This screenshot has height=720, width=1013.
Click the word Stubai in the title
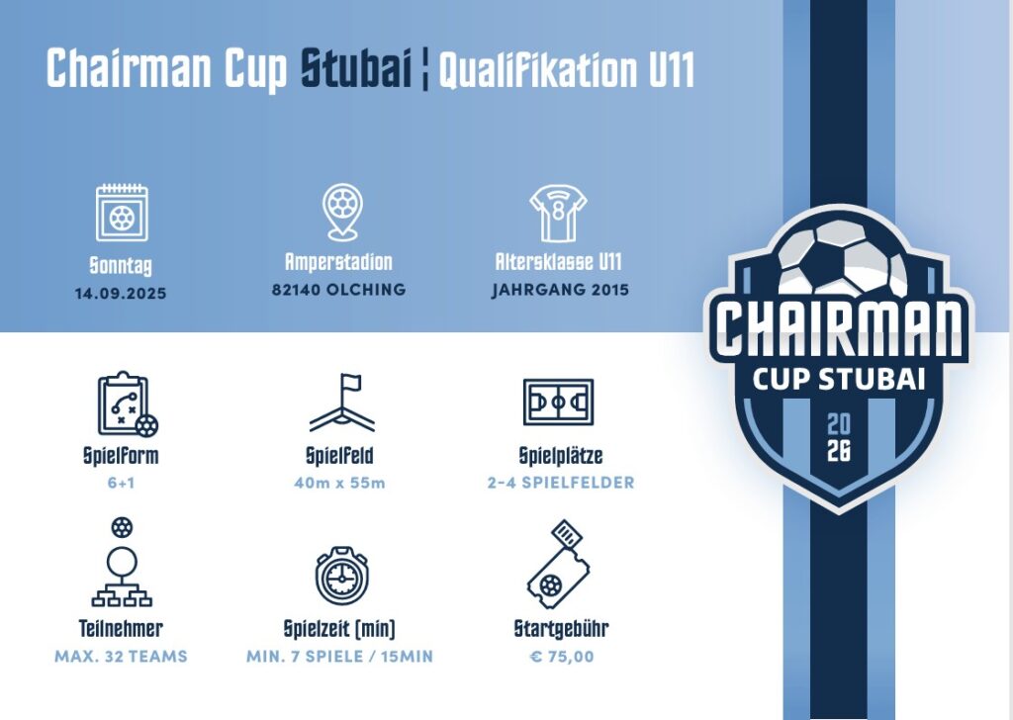pyautogui.click(x=356, y=67)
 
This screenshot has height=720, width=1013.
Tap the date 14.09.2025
pyautogui.click(x=121, y=293)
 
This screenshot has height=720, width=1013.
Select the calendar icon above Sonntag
pyautogui.click(x=122, y=213)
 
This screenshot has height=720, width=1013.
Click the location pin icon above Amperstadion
pyautogui.click(x=341, y=212)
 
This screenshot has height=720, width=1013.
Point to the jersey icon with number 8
pyautogui.click(x=558, y=213)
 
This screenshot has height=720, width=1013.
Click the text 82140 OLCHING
pyautogui.click(x=339, y=290)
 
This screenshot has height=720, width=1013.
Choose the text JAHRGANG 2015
pyautogui.click(x=560, y=290)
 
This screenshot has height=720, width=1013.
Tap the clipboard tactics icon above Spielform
pyautogui.click(x=128, y=405)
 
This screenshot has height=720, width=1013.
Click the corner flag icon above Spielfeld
pyautogui.click(x=341, y=403)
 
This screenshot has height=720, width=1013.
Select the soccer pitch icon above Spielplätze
pyautogui.click(x=558, y=403)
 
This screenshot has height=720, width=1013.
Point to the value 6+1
pyautogui.click(x=122, y=483)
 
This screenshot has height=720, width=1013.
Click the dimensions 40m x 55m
pyautogui.click(x=340, y=483)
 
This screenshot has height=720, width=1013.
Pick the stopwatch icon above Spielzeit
pyautogui.click(x=341, y=576)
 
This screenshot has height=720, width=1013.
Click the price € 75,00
pyautogui.click(x=562, y=657)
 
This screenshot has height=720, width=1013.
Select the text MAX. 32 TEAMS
pyautogui.click(x=121, y=657)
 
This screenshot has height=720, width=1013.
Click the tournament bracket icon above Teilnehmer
pyautogui.click(x=122, y=562)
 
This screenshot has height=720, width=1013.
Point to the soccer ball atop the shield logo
pyautogui.click(x=841, y=256)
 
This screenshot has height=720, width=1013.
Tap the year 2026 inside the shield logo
pyautogui.click(x=839, y=438)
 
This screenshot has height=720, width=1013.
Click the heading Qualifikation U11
pyautogui.click(x=567, y=68)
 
